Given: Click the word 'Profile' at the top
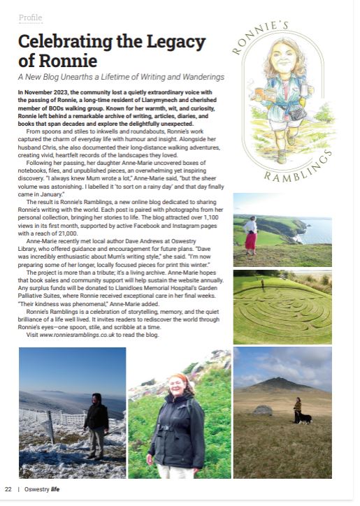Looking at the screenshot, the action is pos(30,17).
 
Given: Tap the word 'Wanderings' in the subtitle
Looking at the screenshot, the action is pos(196,75).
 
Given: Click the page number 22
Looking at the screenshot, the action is pos(8,489).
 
